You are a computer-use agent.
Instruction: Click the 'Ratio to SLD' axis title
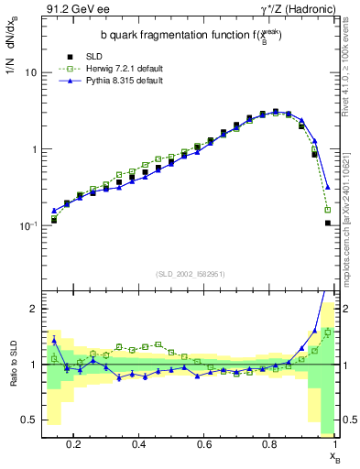pyautogui.click(x=11, y=376)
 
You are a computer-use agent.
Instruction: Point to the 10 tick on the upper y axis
pyautogui.click(x=31, y=72)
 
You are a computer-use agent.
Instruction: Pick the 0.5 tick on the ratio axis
pyautogui.click(x=29, y=420)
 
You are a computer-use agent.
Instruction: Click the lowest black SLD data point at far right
pyautogui.click(x=327, y=223)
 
